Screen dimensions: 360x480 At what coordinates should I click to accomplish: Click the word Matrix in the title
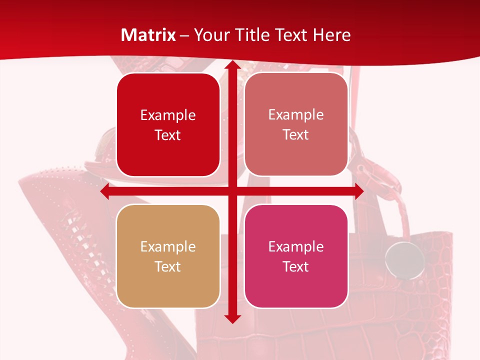148,35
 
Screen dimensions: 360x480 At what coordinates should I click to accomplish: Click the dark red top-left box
168,124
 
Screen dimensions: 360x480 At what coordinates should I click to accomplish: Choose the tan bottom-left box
168,256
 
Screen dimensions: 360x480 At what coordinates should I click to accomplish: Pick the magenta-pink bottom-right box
296,256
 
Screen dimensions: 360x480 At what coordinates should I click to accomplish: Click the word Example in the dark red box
168,115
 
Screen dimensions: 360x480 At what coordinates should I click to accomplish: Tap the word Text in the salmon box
296,135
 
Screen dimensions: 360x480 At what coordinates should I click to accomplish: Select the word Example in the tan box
168,247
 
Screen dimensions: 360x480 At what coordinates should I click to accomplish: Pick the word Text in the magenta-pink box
296,267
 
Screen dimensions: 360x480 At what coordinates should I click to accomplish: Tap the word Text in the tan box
168,267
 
